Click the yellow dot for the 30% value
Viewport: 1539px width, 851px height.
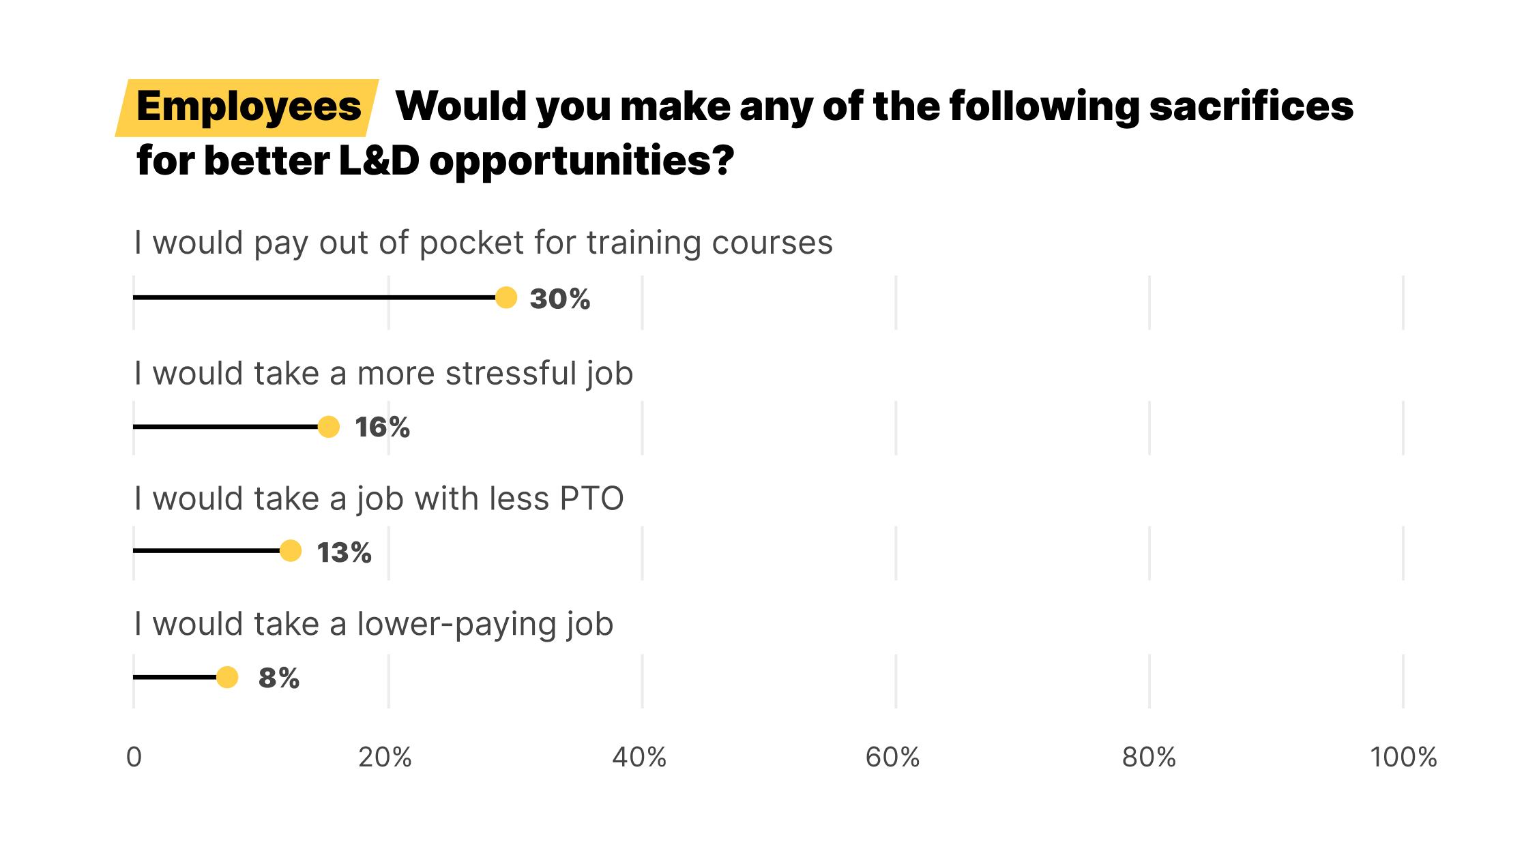pyautogui.click(x=505, y=297)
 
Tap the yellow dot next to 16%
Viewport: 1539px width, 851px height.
pyautogui.click(x=328, y=427)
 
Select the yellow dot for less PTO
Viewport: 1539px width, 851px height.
pyautogui.click(x=291, y=550)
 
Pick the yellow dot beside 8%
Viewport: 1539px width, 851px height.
pyautogui.click(x=227, y=677)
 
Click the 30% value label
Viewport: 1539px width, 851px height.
pyautogui.click(x=559, y=299)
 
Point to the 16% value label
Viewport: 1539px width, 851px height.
pyautogui.click(x=382, y=428)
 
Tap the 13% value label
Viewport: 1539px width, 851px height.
pyautogui.click(x=344, y=552)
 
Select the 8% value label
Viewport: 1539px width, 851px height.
pyautogui.click(x=278, y=678)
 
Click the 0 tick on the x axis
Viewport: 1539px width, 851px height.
pyautogui.click(x=134, y=757)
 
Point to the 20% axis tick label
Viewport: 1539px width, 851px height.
pyautogui.click(x=385, y=757)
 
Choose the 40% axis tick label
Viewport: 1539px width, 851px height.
pyautogui.click(x=639, y=757)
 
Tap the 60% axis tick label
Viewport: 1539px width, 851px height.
pyautogui.click(x=892, y=757)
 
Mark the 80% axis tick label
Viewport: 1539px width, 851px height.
pyautogui.click(x=1149, y=757)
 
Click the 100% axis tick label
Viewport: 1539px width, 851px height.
pyautogui.click(x=1403, y=757)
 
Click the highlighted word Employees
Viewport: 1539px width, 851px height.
pyautogui.click(x=248, y=106)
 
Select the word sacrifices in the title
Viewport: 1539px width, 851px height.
pyautogui.click(x=1251, y=106)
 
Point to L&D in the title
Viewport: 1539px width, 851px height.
pyautogui.click(x=379, y=161)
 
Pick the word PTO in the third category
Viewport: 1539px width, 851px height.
pyautogui.click(x=591, y=499)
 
